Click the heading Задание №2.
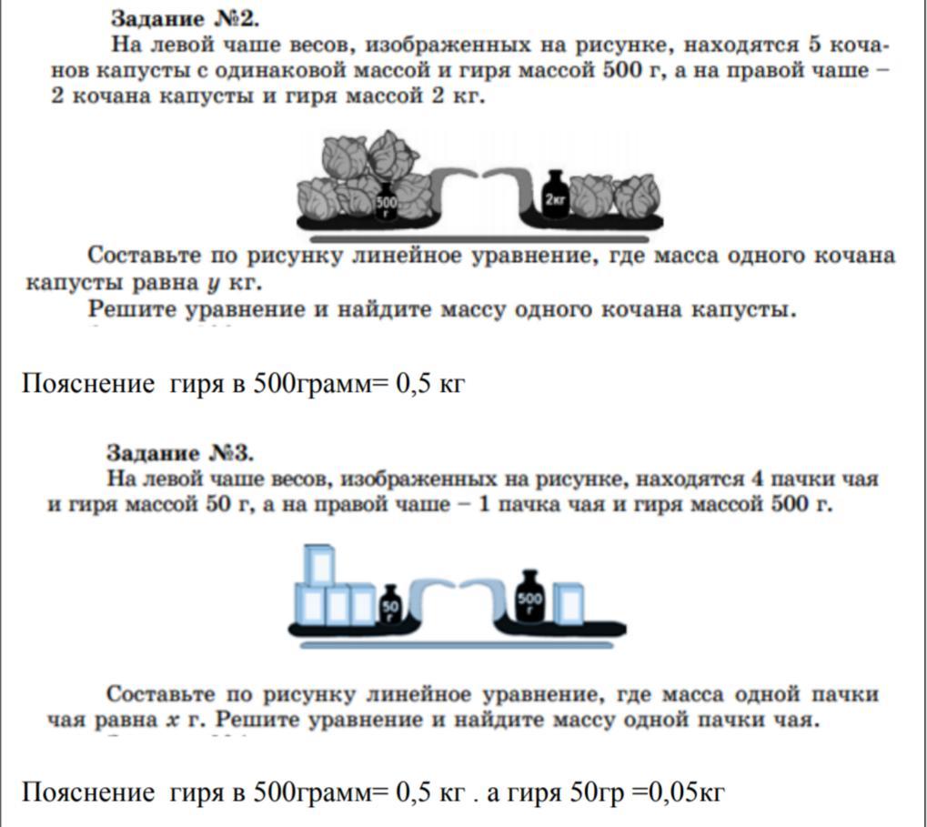(185, 19)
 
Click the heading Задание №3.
(180, 453)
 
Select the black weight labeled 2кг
(555, 195)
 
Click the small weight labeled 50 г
(390, 603)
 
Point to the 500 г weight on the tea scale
(529, 596)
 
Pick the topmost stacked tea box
(319, 564)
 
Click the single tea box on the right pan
(569, 603)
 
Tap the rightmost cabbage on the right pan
(637, 195)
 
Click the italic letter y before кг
(213, 284)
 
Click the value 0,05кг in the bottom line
(687, 792)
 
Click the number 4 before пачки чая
(758, 479)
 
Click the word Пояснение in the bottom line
(88, 792)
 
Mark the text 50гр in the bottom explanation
(597, 792)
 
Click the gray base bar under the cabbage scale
(479, 239)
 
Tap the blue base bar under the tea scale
(457, 646)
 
